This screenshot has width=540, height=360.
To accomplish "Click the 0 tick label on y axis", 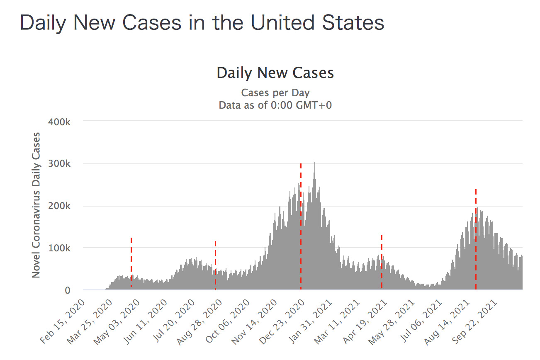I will click(67, 290).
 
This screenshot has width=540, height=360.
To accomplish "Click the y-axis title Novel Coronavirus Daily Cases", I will click(36, 205).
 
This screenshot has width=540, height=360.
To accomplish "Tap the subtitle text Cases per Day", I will click(275, 92).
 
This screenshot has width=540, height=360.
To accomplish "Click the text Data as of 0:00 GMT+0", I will click(275, 105).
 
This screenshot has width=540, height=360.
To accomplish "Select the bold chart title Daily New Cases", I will click(275, 73).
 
